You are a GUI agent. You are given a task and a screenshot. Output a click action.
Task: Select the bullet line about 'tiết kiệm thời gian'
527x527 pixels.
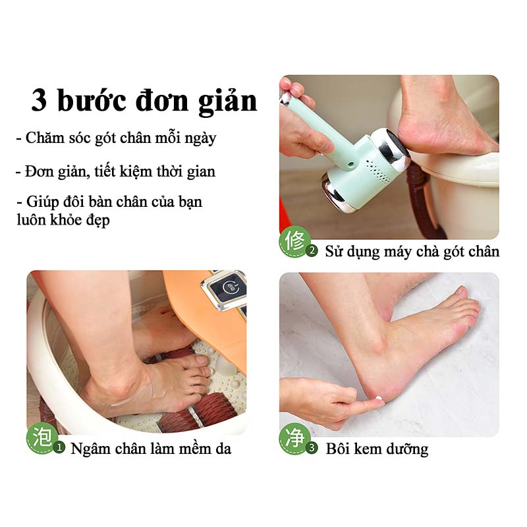[x=116, y=172]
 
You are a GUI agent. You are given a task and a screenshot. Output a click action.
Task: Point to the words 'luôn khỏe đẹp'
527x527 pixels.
[x=63, y=220]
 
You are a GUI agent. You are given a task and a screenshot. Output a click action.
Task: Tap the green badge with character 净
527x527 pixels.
[x=294, y=437]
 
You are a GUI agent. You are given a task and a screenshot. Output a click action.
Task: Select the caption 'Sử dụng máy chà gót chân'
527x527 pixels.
[x=412, y=252]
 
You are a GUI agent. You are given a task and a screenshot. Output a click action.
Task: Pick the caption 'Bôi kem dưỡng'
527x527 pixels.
[x=377, y=449]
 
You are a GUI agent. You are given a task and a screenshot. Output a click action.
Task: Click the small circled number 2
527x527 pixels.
[x=312, y=251]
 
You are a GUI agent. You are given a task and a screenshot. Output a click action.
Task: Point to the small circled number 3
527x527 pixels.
[x=312, y=449]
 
